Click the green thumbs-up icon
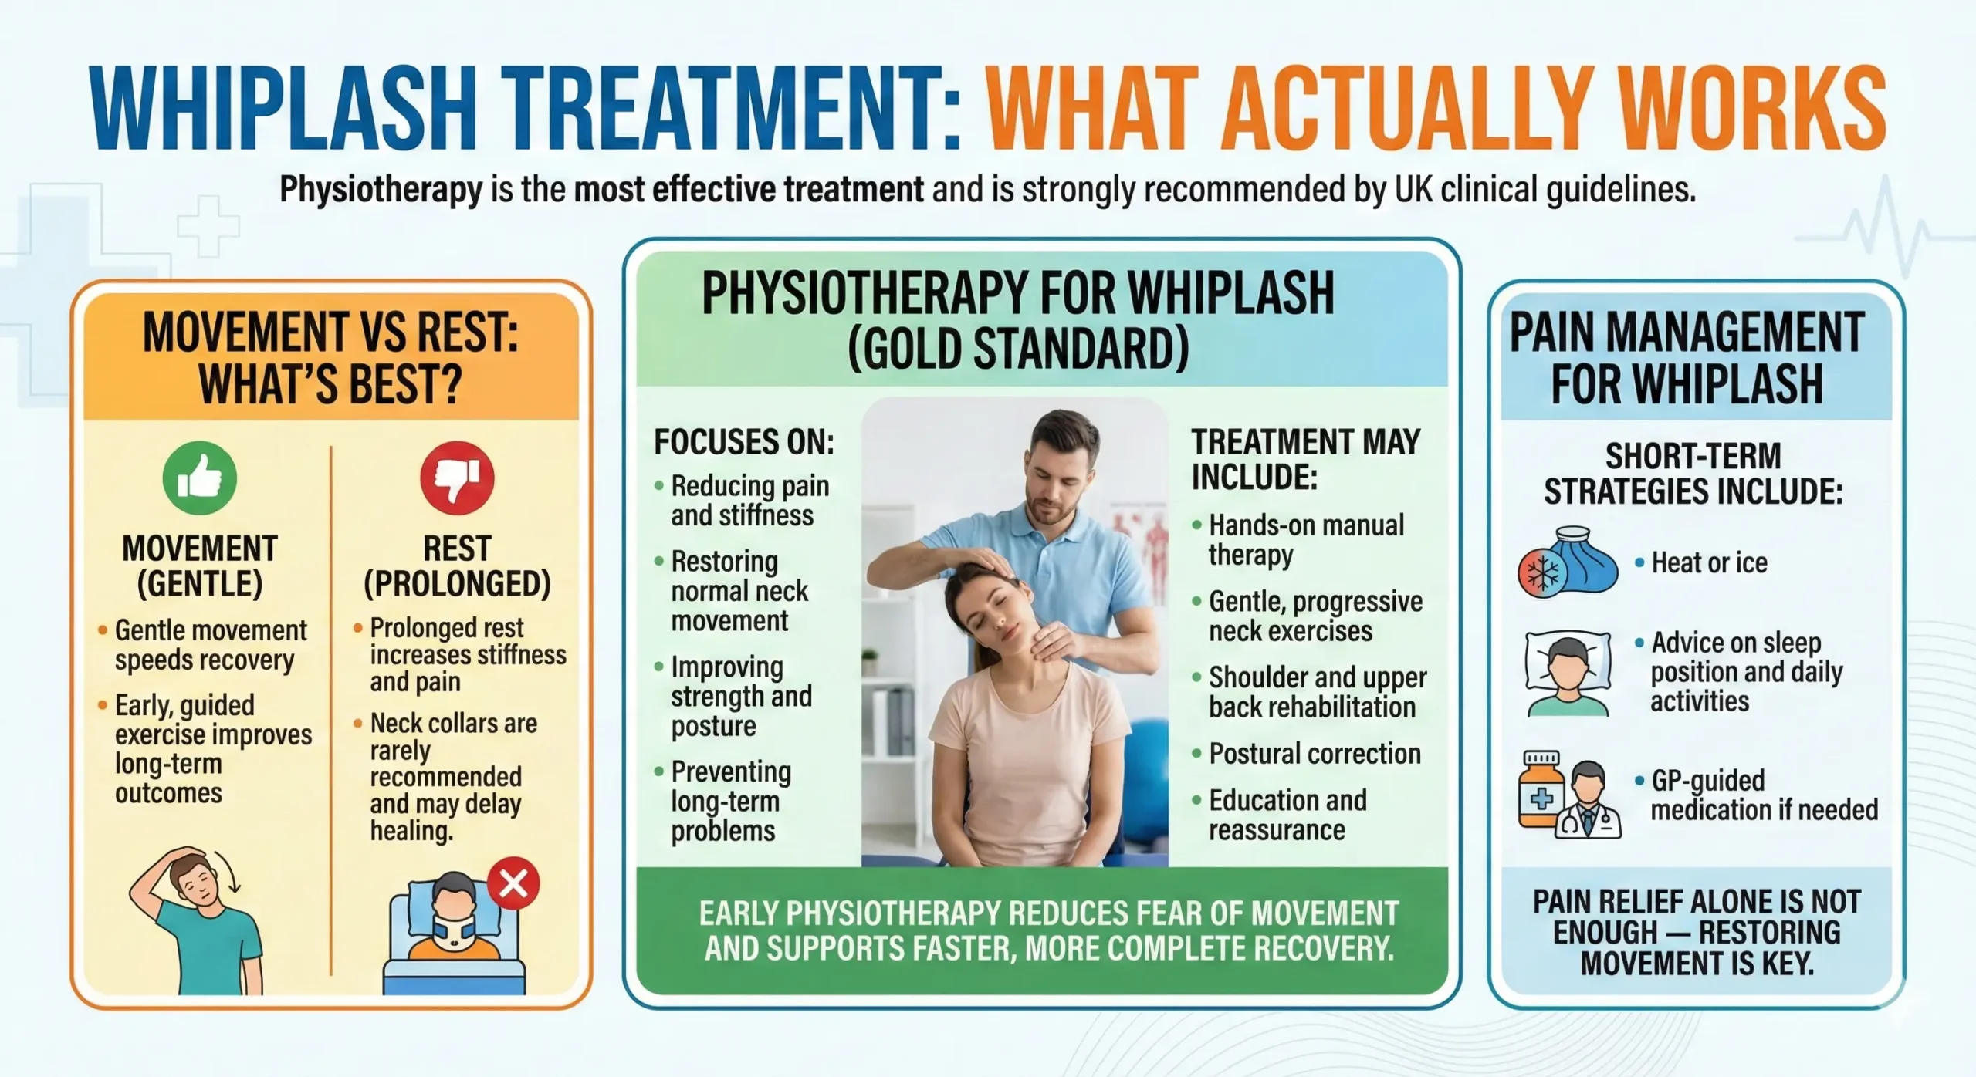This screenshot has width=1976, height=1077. pyautogui.click(x=199, y=478)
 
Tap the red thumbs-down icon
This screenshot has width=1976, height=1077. pyautogui.click(x=457, y=478)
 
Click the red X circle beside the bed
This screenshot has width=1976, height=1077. pyautogui.click(x=513, y=883)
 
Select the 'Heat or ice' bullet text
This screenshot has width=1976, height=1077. pyautogui.click(x=1709, y=563)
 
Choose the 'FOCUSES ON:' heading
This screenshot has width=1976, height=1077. pyautogui.click(x=744, y=442)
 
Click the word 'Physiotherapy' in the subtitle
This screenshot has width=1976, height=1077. pyautogui.click(x=381, y=189)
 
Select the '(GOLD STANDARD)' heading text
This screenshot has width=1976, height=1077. pyautogui.click(x=1018, y=349)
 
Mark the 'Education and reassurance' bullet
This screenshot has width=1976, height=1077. pyautogui.click(x=1287, y=815)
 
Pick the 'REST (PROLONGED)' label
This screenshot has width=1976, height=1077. pyautogui.click(x=457, y=566)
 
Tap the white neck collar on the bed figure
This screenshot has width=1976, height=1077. pyautogui.click(x=455, y=933)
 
